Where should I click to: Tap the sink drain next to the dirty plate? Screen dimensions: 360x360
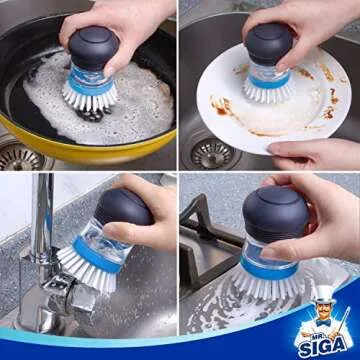[x=211, y=153]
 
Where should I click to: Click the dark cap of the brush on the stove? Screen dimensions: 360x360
[x=274, y=211]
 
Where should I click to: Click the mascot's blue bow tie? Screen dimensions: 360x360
[x=324, y=327]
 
